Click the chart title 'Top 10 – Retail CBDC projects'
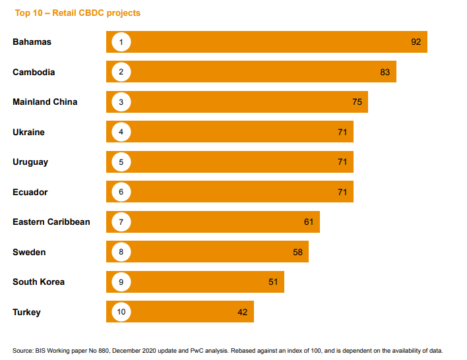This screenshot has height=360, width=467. (77, 13)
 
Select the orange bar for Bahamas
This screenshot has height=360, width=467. (266, 42)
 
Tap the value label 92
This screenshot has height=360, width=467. (416, 42)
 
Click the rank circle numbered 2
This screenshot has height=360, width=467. (121, 72)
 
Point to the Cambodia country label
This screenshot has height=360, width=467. (34, 72)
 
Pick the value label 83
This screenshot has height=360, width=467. (385, 72)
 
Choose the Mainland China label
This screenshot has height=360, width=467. (45, 102)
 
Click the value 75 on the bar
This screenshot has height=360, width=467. (358, 102)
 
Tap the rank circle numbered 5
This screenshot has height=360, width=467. (121, 162)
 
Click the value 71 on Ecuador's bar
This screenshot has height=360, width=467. (342, 192)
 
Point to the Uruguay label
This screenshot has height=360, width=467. (30, 162)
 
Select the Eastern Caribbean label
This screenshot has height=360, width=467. (51, 222)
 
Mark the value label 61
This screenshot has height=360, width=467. (309, 222)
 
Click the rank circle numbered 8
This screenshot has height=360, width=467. (121, 252)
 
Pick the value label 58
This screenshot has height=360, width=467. (297, 252)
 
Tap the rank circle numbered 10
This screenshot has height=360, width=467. (121, 312)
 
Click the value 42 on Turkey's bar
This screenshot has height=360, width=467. (243, 312)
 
